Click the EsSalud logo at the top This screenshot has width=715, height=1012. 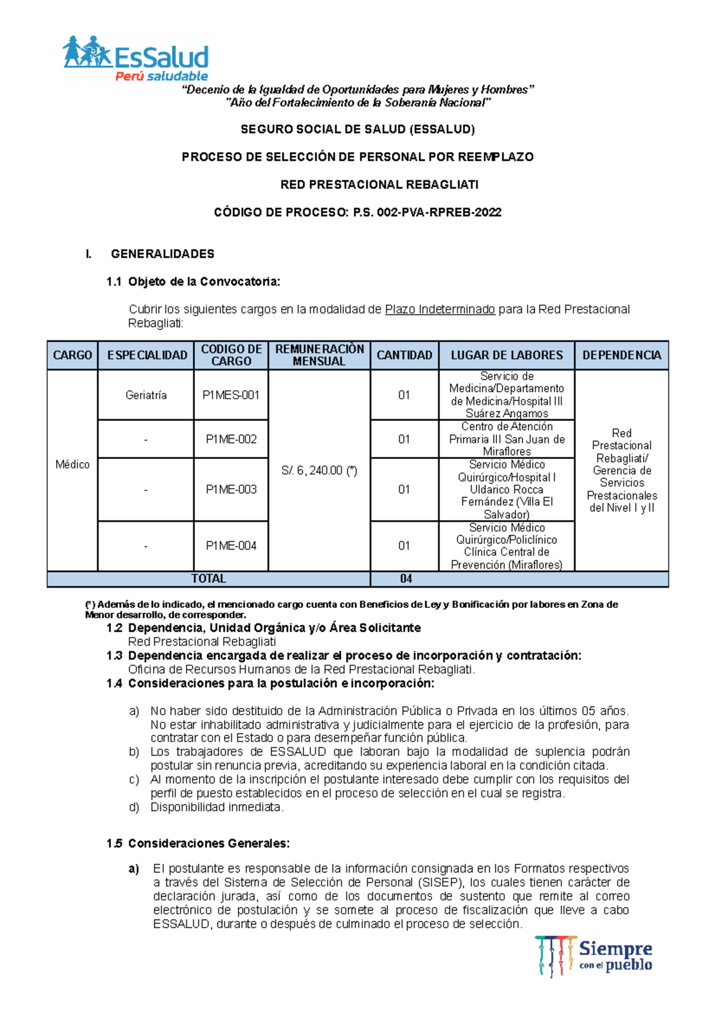[136, 59]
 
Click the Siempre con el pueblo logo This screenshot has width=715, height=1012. [593, 956]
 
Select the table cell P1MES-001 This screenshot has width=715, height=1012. [231, 395]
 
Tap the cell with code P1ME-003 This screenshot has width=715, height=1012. [231, 489]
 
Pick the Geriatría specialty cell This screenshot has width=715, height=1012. [146, 395]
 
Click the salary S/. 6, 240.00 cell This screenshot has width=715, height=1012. [319, 470]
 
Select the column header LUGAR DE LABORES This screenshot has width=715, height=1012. [506, 355]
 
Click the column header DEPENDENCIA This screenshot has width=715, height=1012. [621, 355]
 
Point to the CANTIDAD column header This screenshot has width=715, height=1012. [405, 355]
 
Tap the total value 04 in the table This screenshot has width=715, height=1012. [406, 579]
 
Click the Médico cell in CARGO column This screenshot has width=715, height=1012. [73, 464]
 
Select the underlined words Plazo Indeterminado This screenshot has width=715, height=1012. [440, 309]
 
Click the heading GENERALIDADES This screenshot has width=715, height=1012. [162, 254]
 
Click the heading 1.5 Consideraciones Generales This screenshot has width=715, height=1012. [200, 843]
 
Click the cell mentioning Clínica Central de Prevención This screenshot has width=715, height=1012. [506, 546]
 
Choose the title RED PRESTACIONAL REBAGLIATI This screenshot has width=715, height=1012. [380, 185]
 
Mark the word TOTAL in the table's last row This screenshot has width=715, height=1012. [209, 579]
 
